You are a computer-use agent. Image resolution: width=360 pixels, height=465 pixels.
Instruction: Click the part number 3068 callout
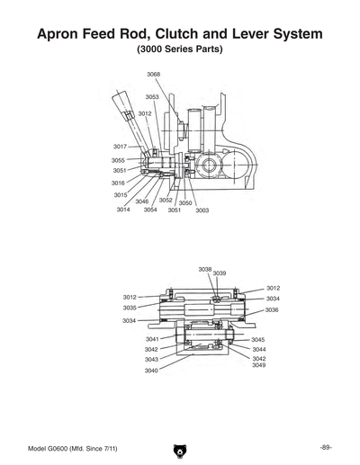pos(154,75)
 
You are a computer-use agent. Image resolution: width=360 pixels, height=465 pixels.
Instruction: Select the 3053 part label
pos(152,96)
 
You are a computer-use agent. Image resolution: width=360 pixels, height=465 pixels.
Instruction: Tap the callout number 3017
pos(120,146)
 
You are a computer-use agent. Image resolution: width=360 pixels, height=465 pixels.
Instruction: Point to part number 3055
pos(119,160)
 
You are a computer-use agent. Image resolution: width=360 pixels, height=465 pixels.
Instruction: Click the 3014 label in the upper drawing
pos(123,210)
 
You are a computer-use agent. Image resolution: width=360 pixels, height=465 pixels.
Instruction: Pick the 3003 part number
pos(202,210)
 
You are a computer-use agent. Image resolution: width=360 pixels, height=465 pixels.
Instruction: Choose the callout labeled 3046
pos(142,201)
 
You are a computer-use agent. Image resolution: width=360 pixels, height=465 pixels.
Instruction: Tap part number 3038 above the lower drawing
pos(205,269)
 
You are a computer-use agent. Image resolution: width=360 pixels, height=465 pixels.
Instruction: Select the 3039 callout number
pos(220,273)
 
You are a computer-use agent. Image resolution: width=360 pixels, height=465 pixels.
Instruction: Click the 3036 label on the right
pos(272,309)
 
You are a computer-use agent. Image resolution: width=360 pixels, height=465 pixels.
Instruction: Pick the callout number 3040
pos(151,371)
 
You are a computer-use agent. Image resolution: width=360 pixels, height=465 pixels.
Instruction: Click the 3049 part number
pos(258,365)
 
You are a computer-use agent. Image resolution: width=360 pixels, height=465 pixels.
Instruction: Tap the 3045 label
pos(258,339)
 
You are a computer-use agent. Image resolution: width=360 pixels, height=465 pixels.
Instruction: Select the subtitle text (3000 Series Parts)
pos(180,49)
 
